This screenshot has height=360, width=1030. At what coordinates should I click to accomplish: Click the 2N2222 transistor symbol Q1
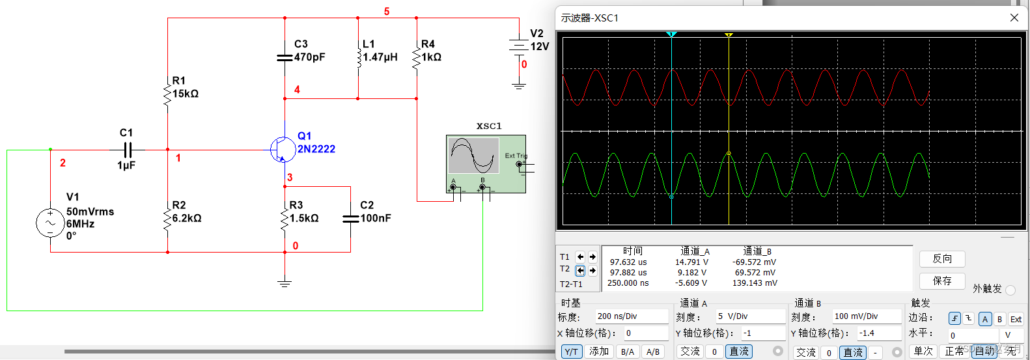pos(282,150)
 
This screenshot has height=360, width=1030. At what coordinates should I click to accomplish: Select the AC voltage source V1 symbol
pos(50,223)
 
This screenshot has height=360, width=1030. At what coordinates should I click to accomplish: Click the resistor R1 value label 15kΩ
pos(186,94)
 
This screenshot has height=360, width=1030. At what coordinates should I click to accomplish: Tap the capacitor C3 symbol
pos(285,58)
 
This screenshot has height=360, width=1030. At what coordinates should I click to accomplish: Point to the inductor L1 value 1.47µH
pos(380,57)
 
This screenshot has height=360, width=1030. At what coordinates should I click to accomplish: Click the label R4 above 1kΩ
pos(428,44)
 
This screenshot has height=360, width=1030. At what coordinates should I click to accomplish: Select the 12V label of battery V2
pos(540,47)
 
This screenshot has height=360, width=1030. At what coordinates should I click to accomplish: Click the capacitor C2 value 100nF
pos(376,218)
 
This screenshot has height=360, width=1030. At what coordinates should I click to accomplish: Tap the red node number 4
pos(297,90)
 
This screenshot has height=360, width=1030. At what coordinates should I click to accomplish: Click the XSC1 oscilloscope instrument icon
pos(486,163)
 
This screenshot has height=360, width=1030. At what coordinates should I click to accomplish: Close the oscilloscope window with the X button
pos(1014,18)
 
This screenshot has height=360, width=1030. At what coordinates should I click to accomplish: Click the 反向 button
pos(941,259)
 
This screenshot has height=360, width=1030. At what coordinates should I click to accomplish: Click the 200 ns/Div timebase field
pos(631,316)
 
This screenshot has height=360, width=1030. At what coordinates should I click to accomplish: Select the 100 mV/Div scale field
pos(866,316)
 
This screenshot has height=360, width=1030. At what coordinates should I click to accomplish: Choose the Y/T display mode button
pos(571,352)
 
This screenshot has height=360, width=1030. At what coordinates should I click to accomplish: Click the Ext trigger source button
pos(1016,319)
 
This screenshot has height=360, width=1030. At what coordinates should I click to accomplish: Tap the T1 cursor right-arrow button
pos(592,257)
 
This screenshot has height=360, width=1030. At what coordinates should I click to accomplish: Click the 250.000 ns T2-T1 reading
pos(628,283)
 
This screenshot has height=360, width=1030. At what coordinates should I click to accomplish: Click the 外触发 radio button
pos(1010,290)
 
